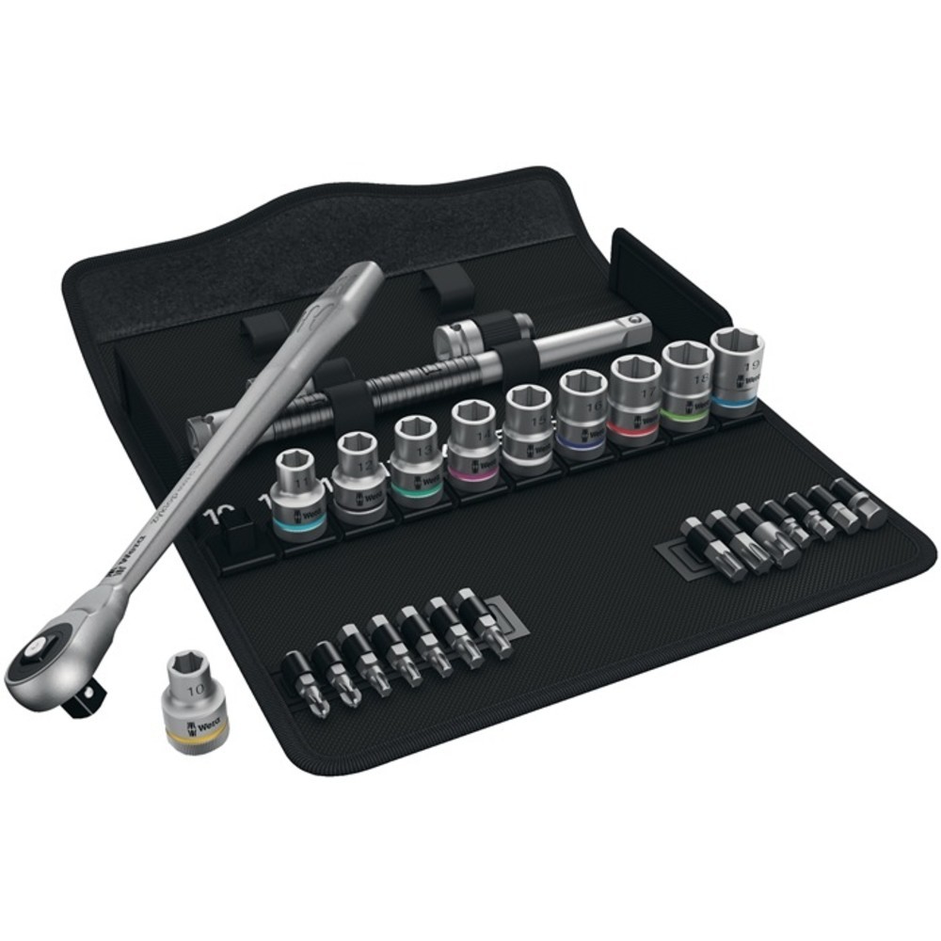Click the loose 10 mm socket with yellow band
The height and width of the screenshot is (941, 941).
[x=197, y=701]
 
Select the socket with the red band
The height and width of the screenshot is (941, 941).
[x=635, y=395]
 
